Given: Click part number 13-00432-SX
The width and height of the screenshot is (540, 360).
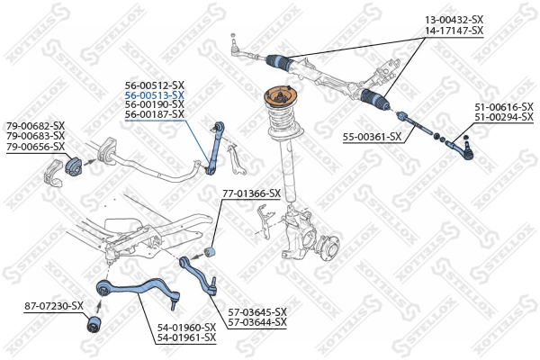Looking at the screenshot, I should [x=454, y=20].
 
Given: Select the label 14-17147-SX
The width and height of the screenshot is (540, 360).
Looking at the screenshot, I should [x=454, y=31].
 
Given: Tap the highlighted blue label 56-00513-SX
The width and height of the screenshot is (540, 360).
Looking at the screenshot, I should [x=154, y=94].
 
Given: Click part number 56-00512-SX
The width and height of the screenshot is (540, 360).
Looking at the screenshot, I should [x=154, y=85].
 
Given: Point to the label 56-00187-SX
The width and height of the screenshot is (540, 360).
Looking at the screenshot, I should [x=154, y=114].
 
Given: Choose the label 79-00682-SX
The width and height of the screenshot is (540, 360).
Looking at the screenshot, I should [x=35, y=125].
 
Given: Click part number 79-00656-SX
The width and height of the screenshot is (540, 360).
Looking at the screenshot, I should [x=35, y=146].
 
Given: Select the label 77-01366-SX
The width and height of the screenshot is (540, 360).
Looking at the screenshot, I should [x=251, y=193].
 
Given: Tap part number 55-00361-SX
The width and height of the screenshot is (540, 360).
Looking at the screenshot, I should [x=372, y=136].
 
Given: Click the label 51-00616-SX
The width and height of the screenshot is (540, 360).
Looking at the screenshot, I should [x=504, y=106].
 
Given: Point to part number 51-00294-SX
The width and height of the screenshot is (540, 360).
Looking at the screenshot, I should [x=504, y=116].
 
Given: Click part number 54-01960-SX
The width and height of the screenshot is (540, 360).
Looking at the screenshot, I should [x=186, y=327].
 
